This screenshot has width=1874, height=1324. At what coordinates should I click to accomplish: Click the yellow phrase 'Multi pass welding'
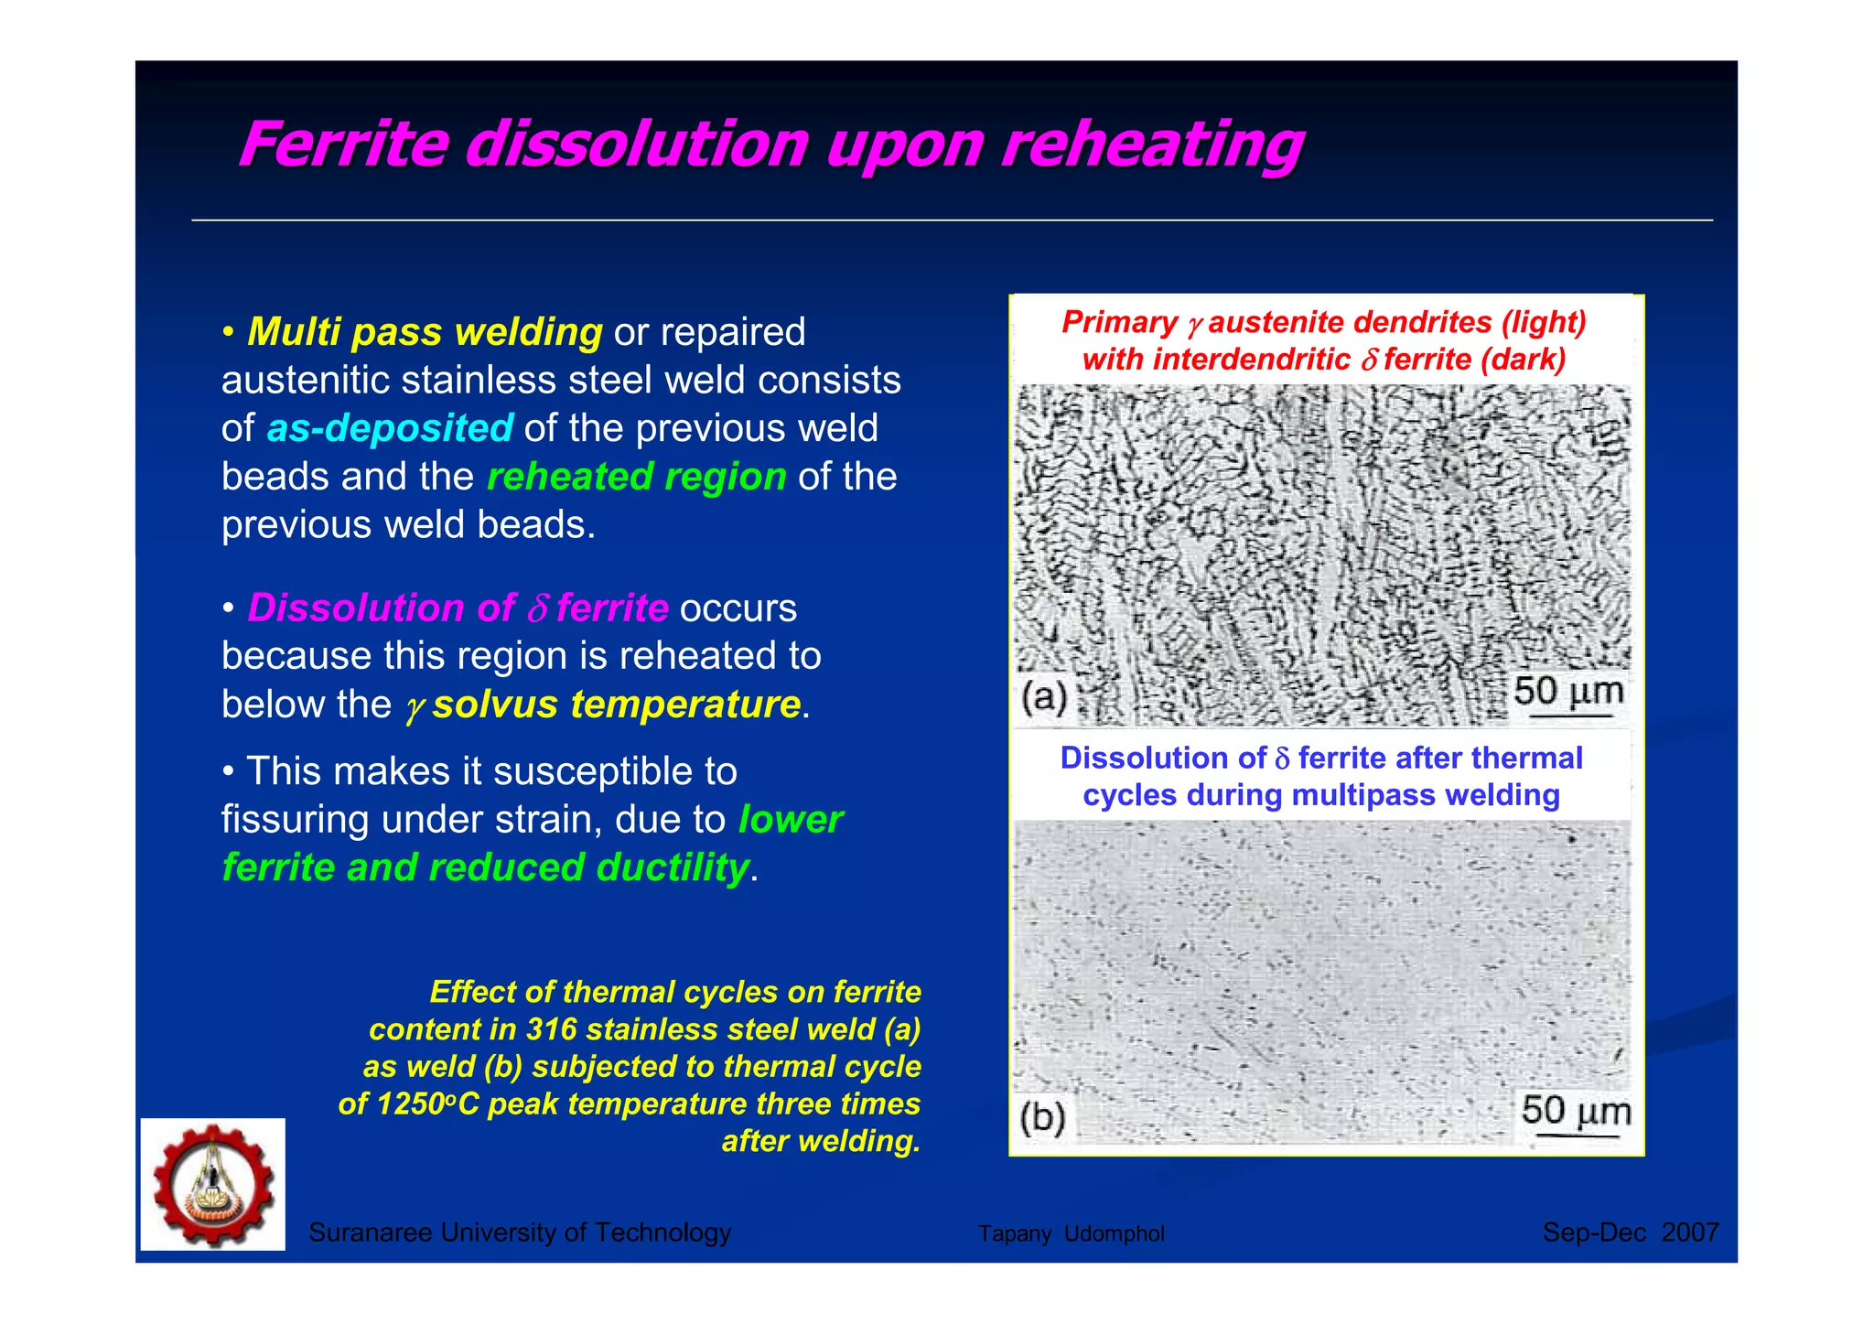(425, 331)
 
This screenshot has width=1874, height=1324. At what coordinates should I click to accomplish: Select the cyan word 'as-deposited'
(390, 428)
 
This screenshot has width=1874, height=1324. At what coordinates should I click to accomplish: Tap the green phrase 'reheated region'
(636, 477)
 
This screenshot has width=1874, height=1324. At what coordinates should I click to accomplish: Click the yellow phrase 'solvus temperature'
(617, 705)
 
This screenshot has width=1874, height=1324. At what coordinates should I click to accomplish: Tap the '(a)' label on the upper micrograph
(1044, 698)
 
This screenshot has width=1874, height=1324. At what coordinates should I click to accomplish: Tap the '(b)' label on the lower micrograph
(1043, 1117)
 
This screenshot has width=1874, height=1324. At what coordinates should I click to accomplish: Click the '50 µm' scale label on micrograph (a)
(1567, 692)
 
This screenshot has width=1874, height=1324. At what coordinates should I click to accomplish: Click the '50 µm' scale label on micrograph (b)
(1575, 1111)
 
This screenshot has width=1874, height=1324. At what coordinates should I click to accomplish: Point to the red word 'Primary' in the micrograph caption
(1119, 322)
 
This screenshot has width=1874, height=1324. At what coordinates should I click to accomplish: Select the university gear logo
(213, 1185)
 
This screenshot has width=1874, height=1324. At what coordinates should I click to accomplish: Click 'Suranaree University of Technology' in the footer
(520, 1233)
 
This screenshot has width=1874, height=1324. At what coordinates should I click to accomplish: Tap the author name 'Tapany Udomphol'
(1071, 1233)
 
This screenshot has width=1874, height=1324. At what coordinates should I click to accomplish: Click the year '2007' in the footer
(1690, 1233)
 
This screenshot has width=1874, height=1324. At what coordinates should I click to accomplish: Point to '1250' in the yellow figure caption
(411, 1104)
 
